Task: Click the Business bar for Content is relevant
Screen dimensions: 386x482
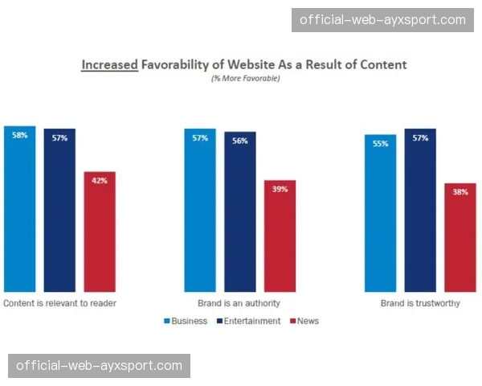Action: [x=19, y=209]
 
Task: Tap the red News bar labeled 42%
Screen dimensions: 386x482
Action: [x=100, y=232]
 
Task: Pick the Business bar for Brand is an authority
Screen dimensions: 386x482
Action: [x=199, y=211]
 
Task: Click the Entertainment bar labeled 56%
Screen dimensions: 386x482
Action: [x=239, y=212]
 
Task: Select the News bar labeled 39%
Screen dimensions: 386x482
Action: [x=280, y=236]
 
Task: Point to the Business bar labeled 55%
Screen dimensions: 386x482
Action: [x=380, y=213]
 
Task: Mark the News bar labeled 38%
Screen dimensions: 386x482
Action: [x=460, y=237]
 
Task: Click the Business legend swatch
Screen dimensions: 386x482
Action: [x=167, y=322]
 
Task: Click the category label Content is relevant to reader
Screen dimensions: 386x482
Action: [x=60, y=304]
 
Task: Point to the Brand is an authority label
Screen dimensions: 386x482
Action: [x=239, y=304]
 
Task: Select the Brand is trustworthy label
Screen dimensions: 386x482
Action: [x=419, y=304]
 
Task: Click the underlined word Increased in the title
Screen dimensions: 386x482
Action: [x=111, y=64]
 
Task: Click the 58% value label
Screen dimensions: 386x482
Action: [x=19, y=136]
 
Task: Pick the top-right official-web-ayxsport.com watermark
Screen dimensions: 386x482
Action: [x=382, y=20]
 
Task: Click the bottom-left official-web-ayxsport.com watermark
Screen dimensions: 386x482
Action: [x=100, y=367]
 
